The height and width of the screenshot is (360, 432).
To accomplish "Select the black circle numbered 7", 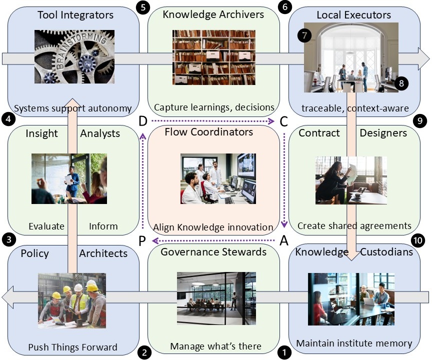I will [x=303, y=35].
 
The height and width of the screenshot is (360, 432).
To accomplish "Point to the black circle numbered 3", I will [x=7, y=239].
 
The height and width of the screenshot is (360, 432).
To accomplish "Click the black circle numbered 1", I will [x=285, y=351].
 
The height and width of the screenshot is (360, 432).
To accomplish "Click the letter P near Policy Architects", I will [x=142, y=241].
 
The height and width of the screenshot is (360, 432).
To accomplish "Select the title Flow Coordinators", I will [x=208, y=132].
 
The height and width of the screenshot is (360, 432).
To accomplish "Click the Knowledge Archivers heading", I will [x=213, y=14].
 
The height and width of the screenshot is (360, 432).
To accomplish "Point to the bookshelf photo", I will [x=214, y=57].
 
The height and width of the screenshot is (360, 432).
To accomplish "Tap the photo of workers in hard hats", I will [x=72, y=300].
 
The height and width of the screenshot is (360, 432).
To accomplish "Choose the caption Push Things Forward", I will [x=72, y=347].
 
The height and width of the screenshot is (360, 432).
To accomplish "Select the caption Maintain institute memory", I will [x=353, y=343].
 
